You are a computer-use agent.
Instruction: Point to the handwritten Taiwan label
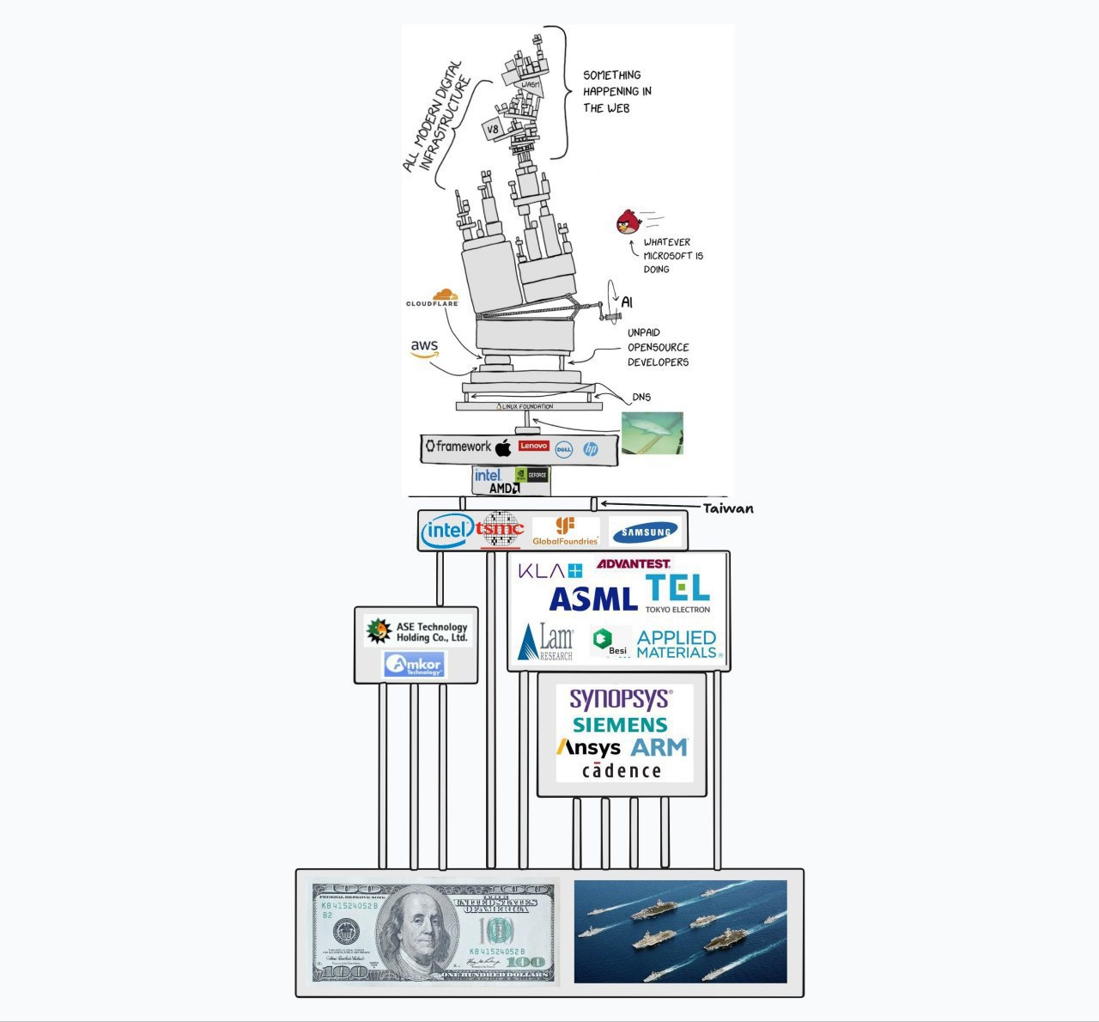[728, 508]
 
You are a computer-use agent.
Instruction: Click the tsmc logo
[500, 530]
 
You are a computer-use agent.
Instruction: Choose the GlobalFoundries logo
[565, 531]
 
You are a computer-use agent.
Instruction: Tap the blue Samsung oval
[647, 532]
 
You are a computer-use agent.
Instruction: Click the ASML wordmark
[593, 599]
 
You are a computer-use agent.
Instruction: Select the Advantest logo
[634, 563]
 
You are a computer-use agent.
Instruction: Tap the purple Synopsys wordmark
[620, 697]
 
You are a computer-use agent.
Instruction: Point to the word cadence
[622, 770]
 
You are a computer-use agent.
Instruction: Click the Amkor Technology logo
[414, 664]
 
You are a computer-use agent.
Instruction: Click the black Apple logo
[504, 447]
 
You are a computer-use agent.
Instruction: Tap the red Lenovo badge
[533, 446]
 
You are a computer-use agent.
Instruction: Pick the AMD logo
[504, 488]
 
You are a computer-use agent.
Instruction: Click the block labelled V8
[493, 130]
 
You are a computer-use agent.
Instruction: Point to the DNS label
[641, 397]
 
